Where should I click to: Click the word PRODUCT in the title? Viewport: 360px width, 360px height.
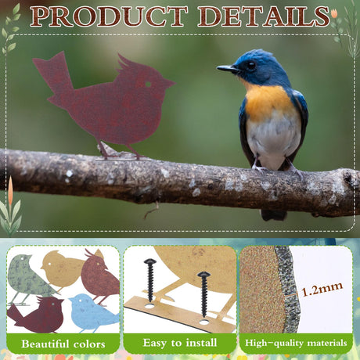pos(110,17)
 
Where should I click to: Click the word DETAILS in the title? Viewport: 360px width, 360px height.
pos(264,17)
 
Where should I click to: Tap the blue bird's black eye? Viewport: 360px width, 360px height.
pos(251,65)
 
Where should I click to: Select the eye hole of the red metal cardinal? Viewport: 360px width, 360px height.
pos(148,85)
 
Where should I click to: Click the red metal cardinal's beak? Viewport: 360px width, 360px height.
pos(170,83)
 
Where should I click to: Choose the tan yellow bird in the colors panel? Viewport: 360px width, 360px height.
pos(63,268)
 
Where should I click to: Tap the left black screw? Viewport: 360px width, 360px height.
pos(150,279)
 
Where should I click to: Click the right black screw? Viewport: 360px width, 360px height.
pos(203,293)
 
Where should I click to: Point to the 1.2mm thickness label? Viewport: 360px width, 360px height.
pos(322,289)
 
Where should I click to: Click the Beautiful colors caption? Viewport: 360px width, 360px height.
pos(63,344)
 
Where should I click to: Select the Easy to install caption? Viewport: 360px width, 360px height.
pos(180,343)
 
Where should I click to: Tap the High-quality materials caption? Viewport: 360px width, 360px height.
pos(296,343)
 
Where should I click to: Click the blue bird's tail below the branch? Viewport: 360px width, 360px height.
pos(274,214)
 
